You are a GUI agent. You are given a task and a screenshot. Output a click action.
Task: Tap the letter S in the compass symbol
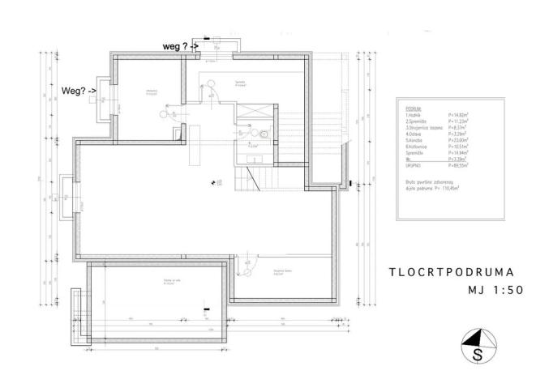click(478, 354)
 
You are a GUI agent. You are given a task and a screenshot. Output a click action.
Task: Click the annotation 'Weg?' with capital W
click(75, 90)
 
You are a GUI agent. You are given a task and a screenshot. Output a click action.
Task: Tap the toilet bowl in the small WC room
click(264, 134)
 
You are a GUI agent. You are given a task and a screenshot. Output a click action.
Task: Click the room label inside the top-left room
click(151, 92)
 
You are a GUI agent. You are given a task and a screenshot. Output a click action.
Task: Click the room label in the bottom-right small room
click(281, 271)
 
